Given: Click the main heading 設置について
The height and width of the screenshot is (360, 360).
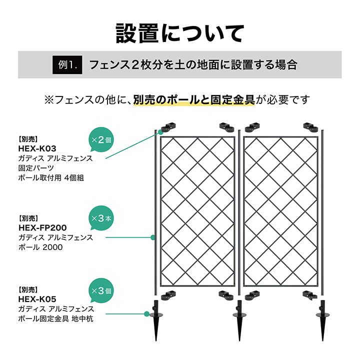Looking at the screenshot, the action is pos(180,33).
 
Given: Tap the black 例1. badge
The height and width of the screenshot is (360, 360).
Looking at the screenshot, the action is pos(67,64).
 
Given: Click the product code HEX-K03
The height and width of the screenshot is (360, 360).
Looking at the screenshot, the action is pos(37,149).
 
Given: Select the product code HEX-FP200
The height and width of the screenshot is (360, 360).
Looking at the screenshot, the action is pos(42,228).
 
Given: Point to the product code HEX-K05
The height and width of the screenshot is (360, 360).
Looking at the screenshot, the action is pos(37,299).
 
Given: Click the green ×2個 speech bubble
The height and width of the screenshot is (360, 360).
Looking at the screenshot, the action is pos(101,140).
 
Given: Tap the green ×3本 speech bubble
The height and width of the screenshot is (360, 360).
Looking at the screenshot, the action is pos(101,218).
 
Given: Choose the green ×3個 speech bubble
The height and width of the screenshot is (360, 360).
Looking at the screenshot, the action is pos(101,291).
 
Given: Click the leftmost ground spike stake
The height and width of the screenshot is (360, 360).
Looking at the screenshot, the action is pos(156,320).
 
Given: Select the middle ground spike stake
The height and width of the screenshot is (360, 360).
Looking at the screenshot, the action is pos(239,320).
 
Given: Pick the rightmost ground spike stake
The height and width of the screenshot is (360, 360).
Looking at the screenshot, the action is pos(322,320).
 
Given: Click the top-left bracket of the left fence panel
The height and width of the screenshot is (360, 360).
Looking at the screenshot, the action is pos(169,127).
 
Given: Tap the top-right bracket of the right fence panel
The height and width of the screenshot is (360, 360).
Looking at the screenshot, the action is pos(310,127).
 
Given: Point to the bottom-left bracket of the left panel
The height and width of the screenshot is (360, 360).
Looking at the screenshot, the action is pos(169,295).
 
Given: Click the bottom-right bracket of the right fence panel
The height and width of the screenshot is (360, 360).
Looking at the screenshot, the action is pos(310,295).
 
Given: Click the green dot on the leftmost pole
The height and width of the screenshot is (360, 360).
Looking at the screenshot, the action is pos(152,237).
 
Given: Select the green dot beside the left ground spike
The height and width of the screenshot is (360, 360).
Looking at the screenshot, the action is pos(146,314).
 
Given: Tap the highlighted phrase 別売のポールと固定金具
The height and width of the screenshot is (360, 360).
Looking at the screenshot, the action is pos(194,100).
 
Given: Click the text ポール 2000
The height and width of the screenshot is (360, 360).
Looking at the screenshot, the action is pos(40,247).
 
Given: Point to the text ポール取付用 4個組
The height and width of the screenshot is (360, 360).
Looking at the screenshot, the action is pos(51,177).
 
